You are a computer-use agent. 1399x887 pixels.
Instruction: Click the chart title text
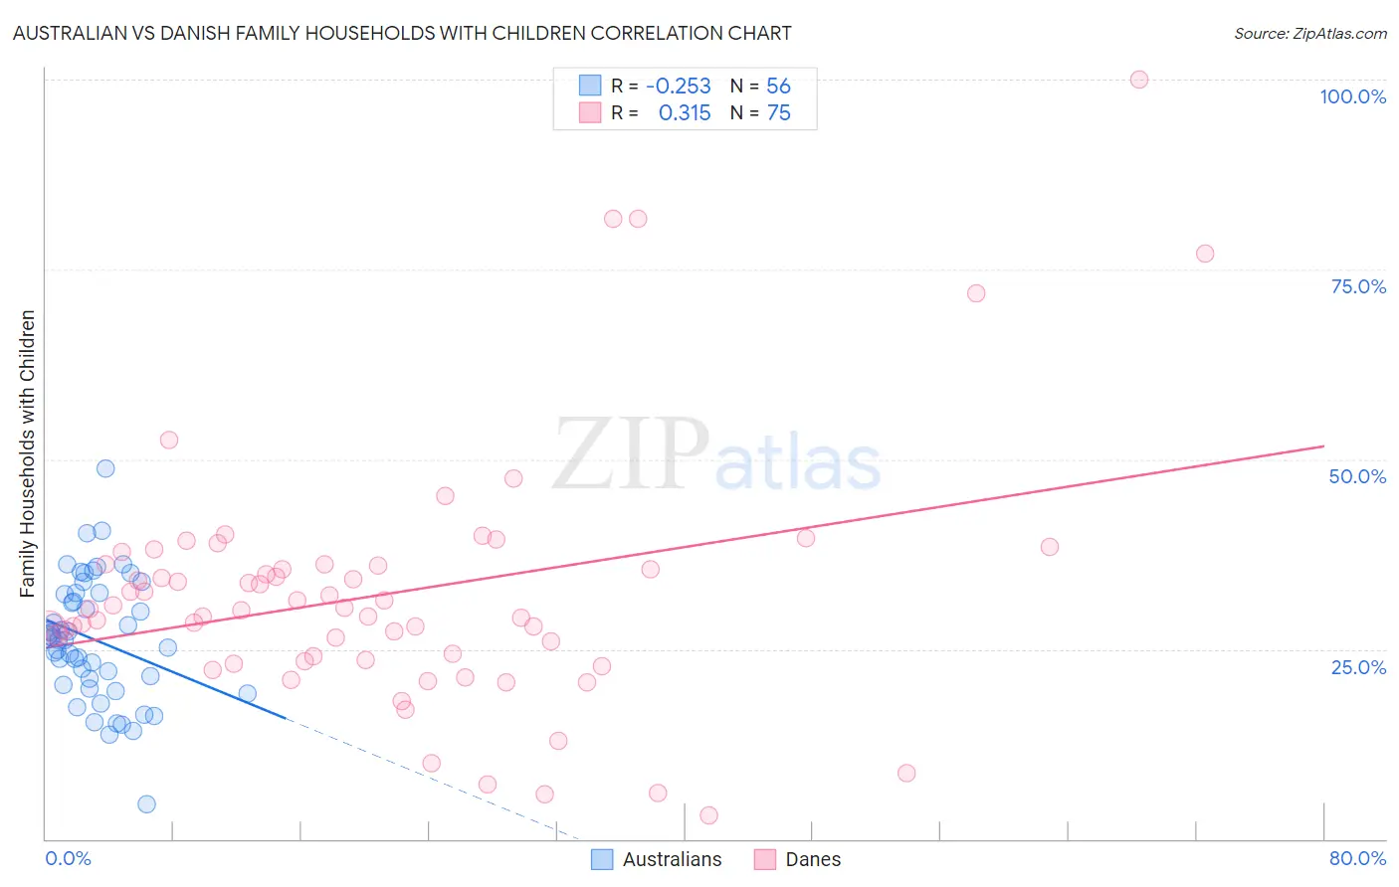pos(402,34)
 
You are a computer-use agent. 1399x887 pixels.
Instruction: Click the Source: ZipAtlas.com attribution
pos(1309,34)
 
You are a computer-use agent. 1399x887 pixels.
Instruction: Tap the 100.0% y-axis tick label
pos(1352,96)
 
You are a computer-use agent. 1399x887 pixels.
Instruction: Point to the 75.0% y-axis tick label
pos(1358,286)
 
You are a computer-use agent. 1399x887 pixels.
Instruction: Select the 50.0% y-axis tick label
pos(1357,476)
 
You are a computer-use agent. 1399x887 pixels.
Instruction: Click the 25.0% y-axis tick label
pos(1358,667)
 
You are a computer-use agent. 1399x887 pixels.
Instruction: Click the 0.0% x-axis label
pos(68,858)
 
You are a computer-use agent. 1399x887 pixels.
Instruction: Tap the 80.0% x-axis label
pos(1357,858)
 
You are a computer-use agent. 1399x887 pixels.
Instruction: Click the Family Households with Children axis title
pos(28,453)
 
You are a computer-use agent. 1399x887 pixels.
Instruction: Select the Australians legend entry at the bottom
pos(657,859)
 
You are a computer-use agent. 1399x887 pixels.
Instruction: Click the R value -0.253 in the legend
pos(678,87)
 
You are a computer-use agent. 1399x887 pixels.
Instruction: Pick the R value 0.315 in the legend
pos(685,113)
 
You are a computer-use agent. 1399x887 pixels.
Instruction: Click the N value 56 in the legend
pos(778,87)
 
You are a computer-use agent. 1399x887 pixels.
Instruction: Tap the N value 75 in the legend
pos(778,113)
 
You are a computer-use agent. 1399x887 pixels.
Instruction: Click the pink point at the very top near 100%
pos(1139,80)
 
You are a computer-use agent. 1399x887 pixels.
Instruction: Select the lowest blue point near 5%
pos(146,804)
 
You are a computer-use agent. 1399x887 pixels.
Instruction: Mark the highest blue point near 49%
pos(105,468)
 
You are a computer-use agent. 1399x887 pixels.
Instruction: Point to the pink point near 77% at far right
pos(1205,254)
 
